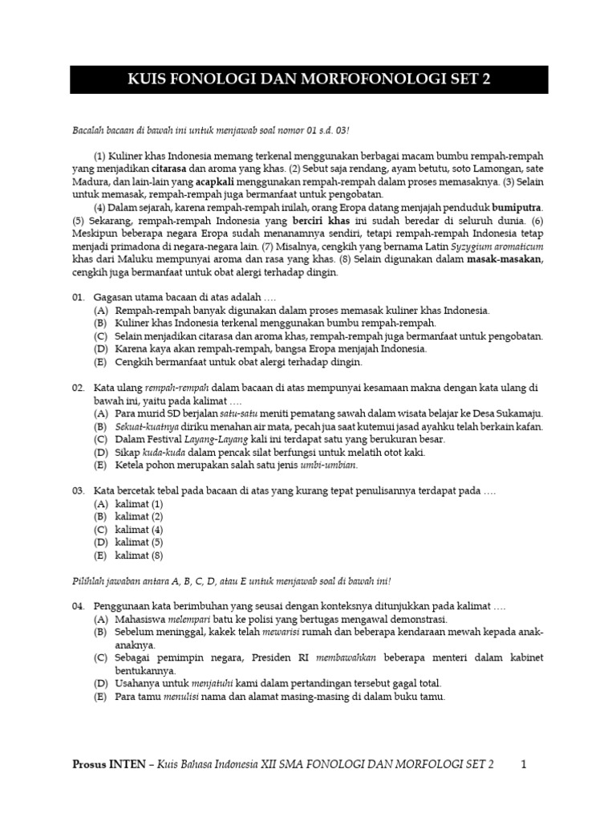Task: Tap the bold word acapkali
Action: (219, 182)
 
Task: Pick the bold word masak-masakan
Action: (509, 259)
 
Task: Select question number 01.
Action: (79, 297)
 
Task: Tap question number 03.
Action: (79, 490)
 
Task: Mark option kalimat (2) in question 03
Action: (140, 516)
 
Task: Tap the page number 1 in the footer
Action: (523, 765)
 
